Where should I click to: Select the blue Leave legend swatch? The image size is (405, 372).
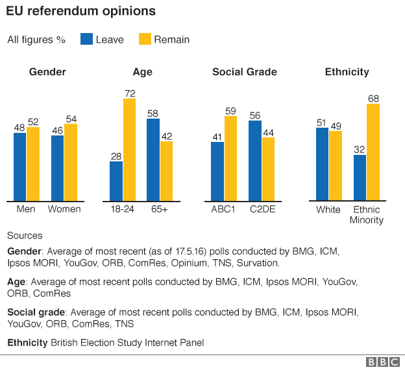pos(86,39)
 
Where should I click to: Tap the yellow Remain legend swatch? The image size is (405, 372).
pos(144,39)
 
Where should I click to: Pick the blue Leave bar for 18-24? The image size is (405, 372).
pos(116,181)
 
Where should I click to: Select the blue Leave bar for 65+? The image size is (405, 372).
pos(153,159)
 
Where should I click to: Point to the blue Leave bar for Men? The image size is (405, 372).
pos(20,167)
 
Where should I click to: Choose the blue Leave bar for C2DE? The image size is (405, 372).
pos(255,161)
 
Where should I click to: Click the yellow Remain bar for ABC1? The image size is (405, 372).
pos(230,158)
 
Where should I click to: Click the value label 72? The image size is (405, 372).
pos(129,93)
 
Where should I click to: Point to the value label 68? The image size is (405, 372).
pos(373,99)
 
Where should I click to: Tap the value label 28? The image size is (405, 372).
pos(116,156)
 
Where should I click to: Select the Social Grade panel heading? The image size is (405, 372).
pos(245,72)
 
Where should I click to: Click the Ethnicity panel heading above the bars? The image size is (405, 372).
pos(347,72)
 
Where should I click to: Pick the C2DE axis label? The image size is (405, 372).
pos(262,209)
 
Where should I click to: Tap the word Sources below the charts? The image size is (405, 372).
pos(25,235)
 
